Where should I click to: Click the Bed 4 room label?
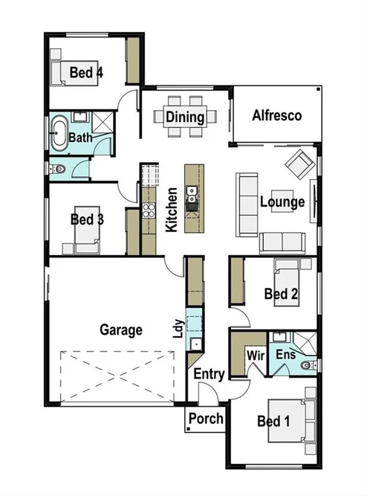click(x=86, y=72)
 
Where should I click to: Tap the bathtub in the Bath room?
click(x=58, y=134)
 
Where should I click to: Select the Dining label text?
click(x=185, y=117)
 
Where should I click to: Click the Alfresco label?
click(x=276, y=115)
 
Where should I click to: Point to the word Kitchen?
click(x=171, y=210)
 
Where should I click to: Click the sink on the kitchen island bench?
click(x=192, y=195)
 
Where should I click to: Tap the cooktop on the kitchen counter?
click(x=147, y=210)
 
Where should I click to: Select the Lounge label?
click(x=282, y=202)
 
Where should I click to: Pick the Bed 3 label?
click(x=86, y=219)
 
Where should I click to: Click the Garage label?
click(x=121, y=329)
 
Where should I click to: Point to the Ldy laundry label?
click(x=178, y=329)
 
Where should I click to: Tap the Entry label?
click(x=209, y=375)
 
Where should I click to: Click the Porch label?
click(x=205, y=419)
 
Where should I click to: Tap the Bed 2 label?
click(x=281, y=294)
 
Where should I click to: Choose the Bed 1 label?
click(x=273, y=422)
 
